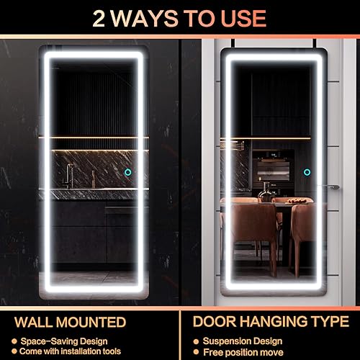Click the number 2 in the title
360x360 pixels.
click(102, 17)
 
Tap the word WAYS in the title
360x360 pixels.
click(143, 17)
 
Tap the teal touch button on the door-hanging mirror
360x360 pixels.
click(307, 172)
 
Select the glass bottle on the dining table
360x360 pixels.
click(266, 191)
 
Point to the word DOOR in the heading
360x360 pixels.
click(216, 322)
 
